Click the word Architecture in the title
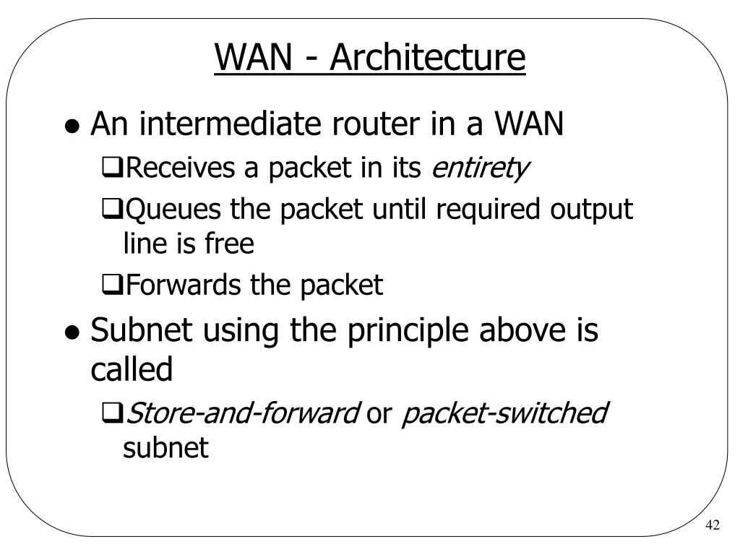(428, 58)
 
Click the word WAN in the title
(254, 58)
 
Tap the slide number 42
(713, 525)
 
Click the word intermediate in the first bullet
(230, 124)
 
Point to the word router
(375, 124)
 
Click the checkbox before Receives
(112, 168)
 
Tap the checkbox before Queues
(112, 209)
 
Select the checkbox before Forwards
(112, 284)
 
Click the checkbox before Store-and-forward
(112, 413)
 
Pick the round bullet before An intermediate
(72, 126)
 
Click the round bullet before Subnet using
(72, 332)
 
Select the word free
(229, 244)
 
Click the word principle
(408, 331)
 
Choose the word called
(132, 369)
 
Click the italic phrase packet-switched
(504, 413)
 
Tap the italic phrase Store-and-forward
(243, 413)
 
